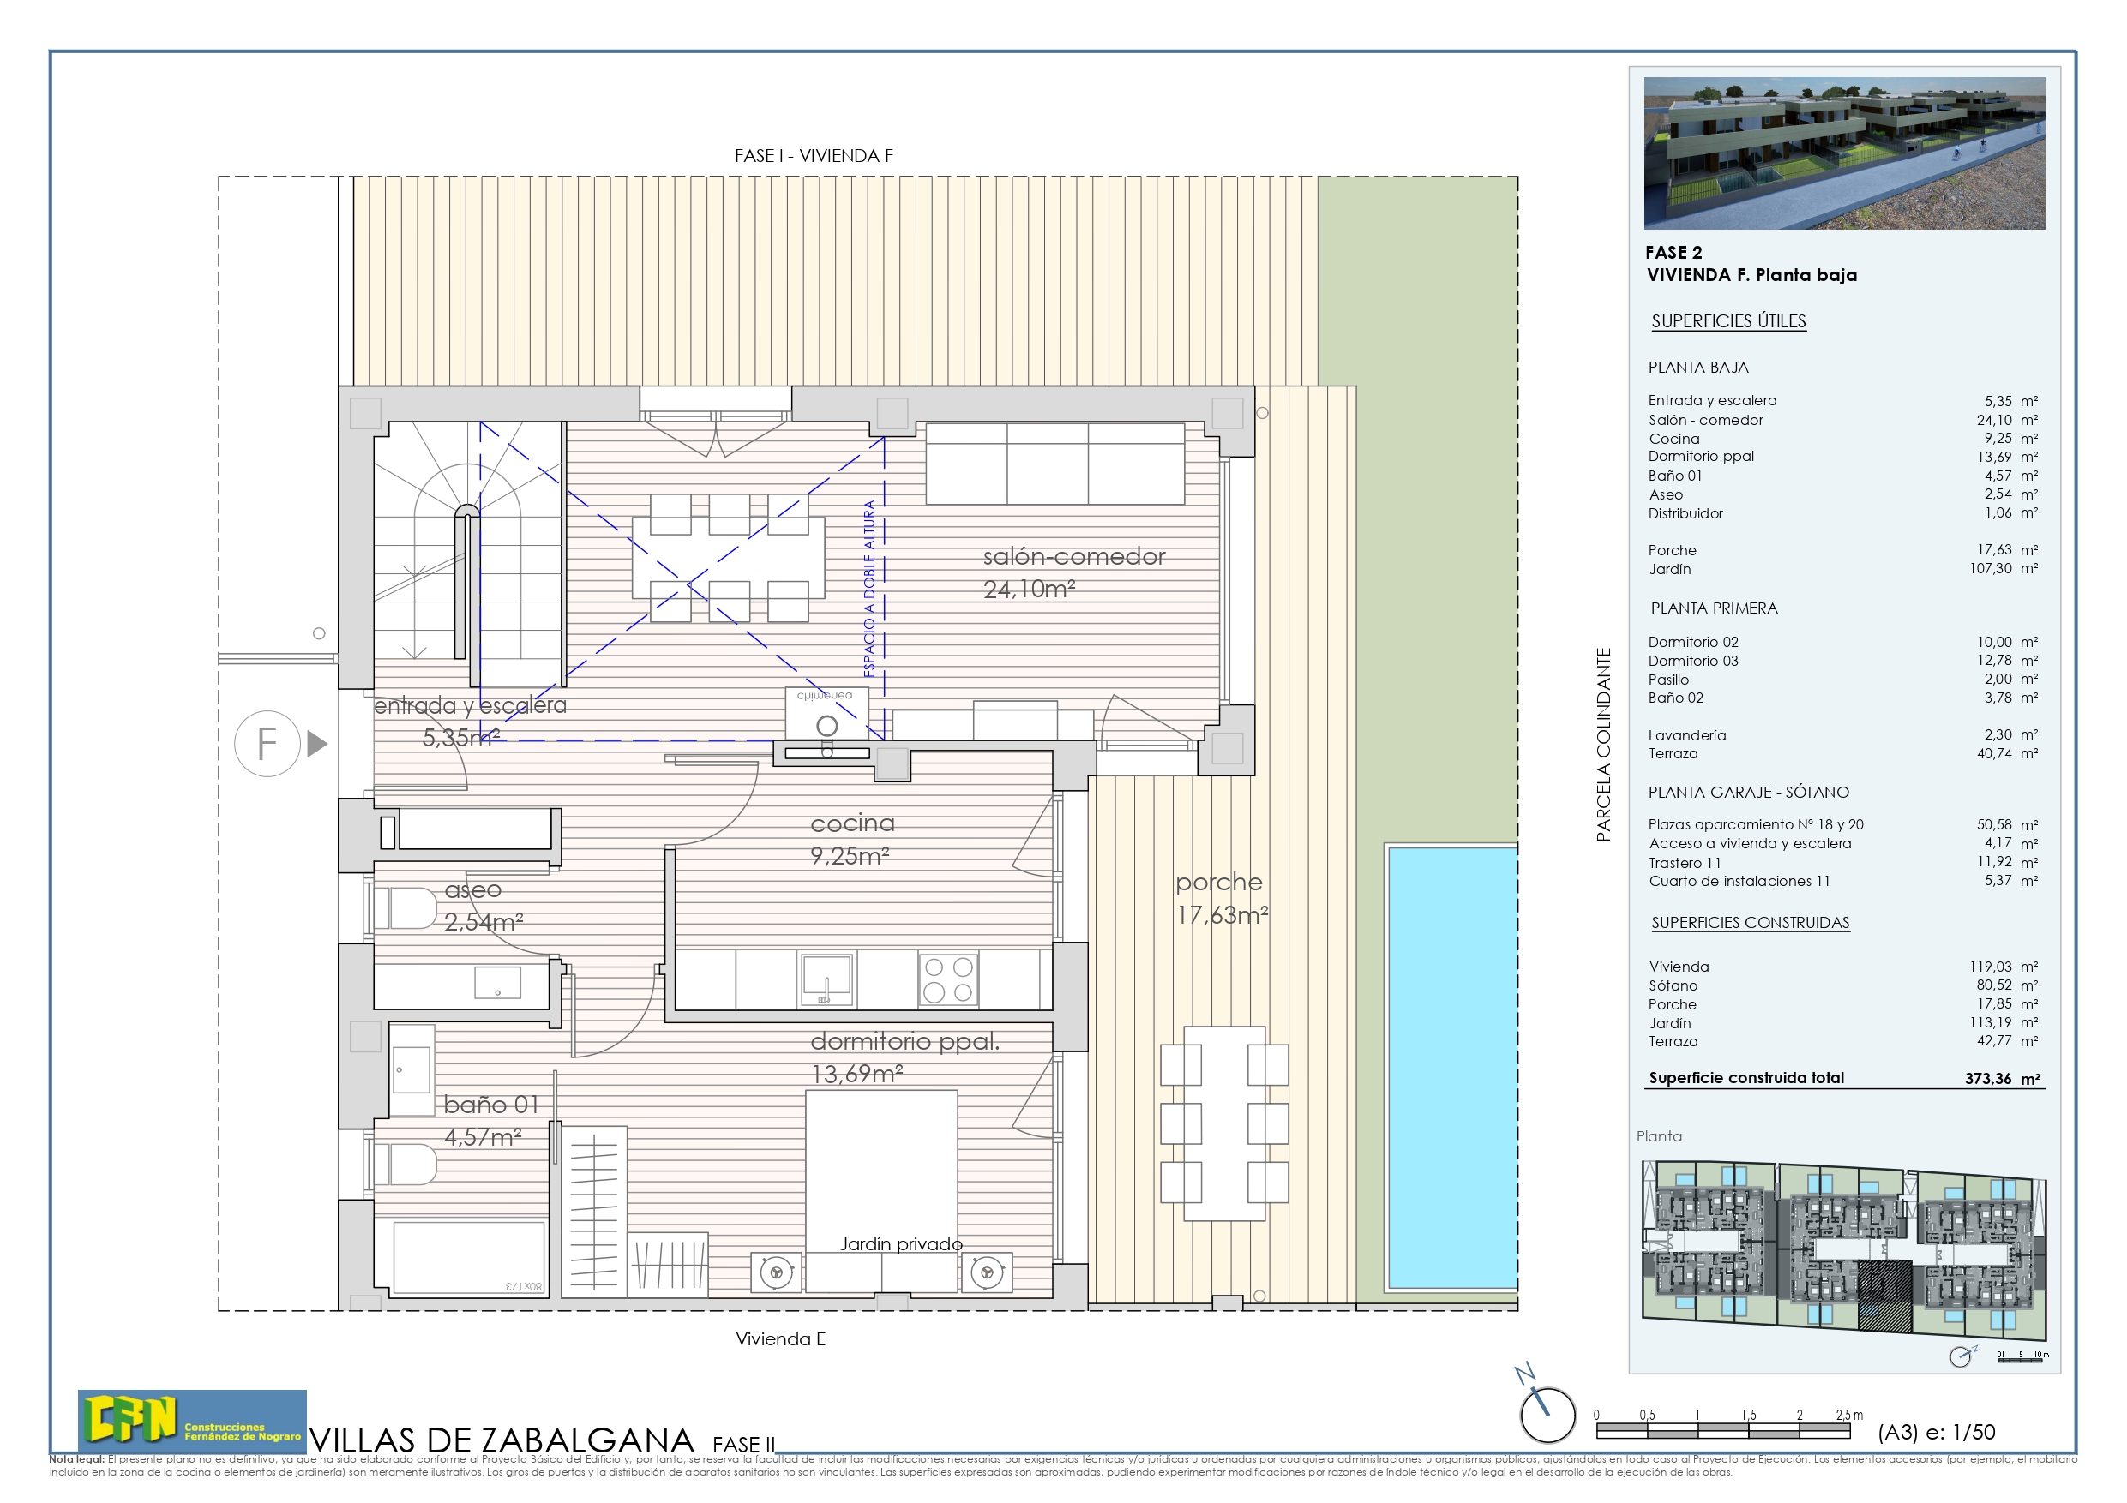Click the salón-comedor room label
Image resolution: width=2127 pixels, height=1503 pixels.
pyautogui.click(x=1073, y=557)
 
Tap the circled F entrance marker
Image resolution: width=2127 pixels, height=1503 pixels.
pyautogui.click(x=267, y=743)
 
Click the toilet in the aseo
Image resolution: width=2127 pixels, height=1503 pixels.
pyautogui.click(x=407, y=908)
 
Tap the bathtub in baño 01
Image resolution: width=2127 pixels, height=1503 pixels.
pyautogui.click(x=468, y=1257)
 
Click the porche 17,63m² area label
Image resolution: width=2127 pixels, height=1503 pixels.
pyautogui.click(x=1220, y=898)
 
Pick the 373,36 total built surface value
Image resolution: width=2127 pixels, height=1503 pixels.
pyautogui.click(x=1988, y=1079)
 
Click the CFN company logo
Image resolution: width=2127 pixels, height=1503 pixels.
pyautogui.click(x=192, y=1421)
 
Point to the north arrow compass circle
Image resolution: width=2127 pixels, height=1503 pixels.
pyautogui.click(x=1547, y=1414)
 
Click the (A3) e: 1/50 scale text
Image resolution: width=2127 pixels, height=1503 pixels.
pyautogui.click(x=1936, y=1433)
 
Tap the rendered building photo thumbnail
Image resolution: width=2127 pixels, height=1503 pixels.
pyautogui.click(x=1843, y=153)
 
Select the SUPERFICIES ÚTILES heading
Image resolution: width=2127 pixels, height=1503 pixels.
pyautogui.click(x=1728, y=321)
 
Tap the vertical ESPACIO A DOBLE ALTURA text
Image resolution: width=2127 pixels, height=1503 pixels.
pyautogui.click(x=869, y=589)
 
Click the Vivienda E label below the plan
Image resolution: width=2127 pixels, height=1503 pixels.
pyautogui.click(x=780, y=1339)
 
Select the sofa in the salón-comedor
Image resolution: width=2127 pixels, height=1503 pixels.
pyautogui.click(x=1055, y=463)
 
